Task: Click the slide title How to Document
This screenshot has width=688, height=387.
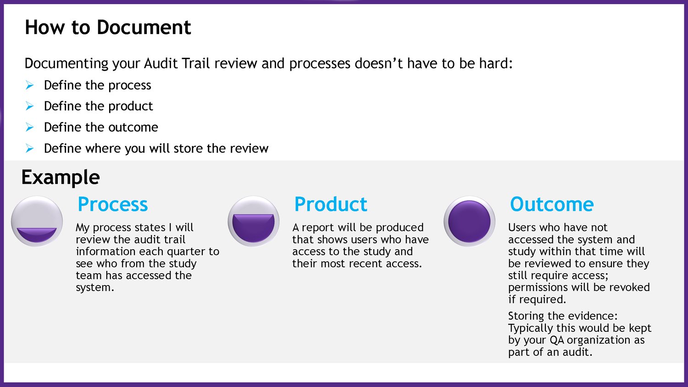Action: click(x=108, y=28)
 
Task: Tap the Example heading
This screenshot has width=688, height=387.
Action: click(x=61, y=178)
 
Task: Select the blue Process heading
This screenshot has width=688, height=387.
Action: click(x=113, y=204)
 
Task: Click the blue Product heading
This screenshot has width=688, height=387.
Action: click(x=331, y=204)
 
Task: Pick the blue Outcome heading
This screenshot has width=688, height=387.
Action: click(x=552, y=204)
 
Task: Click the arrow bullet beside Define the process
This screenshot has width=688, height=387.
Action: click(x=30, y=85)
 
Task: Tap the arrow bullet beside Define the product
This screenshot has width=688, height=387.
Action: click(x=30, y=107)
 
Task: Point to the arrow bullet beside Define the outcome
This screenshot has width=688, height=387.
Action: click(x=30, y=127)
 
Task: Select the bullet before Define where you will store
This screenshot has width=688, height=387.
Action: click(x=30, y=148)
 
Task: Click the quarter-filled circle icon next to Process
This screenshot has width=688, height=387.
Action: click(x=37, y=221)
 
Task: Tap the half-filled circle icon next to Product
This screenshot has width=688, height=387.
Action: click(x=254, y=221)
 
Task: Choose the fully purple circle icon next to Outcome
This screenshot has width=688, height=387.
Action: click(x=469, y=221)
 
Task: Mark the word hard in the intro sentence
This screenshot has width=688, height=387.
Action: click(x=495, y=63)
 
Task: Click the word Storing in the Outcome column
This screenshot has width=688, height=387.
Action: click(x=526, y=316)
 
